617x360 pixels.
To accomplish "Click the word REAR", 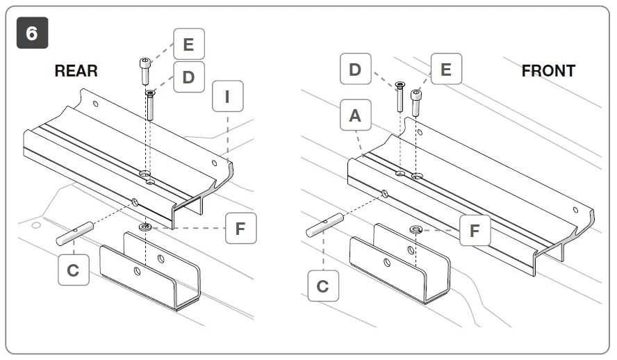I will coord(76,71).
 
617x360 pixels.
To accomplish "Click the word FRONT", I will coord(548,71).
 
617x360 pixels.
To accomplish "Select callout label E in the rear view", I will coord(189,44).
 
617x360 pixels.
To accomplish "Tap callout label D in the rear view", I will coord(189,76).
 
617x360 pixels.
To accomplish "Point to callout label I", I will coord(227,97).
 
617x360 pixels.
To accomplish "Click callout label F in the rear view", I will coord(240,229).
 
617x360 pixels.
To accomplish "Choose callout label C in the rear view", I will coord(73,270).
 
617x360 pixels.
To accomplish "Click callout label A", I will coord(356,116).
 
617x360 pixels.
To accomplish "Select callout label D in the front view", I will coord(356,69).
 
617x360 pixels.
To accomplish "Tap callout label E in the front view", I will coord(446,69).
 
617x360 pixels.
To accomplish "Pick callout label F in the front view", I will coord(475,230).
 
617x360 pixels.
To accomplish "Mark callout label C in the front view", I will coord(323,286).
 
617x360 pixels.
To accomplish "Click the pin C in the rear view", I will coord(75,233).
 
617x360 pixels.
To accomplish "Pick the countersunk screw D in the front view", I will coord(400,96).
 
